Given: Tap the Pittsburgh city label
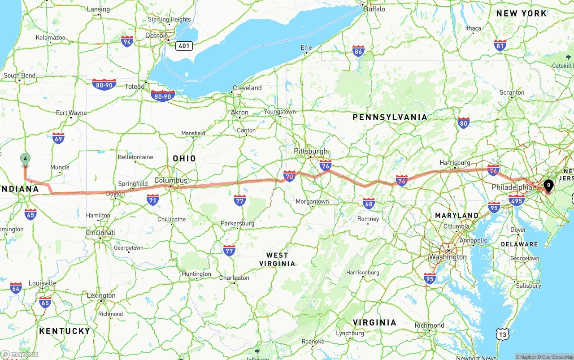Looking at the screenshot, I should [311, 151].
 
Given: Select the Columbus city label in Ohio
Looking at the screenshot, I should [171, 180].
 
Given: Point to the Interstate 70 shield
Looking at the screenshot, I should [289, 176].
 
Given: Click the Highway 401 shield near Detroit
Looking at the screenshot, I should [184, 46].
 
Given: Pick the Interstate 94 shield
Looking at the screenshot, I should [127, 42].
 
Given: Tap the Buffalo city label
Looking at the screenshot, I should [374, 9].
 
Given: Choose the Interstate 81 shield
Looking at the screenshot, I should [500, 45].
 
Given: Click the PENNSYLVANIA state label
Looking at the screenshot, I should [390, 117].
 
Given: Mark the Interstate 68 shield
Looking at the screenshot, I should [369, 204].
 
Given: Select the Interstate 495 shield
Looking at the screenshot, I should [517, 200].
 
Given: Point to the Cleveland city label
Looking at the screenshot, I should [247, 88].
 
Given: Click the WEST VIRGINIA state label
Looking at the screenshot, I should [277, 259].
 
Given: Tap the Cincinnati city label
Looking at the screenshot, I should [100, 233].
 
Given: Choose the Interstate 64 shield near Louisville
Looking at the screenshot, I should [16, 288].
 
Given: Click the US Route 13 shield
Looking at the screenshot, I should [503, 334].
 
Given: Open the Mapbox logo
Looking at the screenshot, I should [20, 354].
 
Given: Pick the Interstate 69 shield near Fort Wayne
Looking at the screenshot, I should [58, 138].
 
